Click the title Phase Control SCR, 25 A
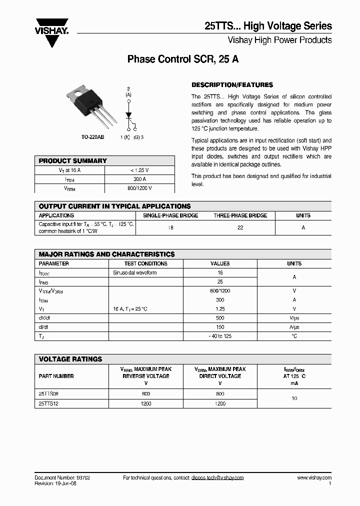183,59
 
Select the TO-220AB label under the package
92,137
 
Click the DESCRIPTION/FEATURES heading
232,85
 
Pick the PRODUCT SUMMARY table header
73,161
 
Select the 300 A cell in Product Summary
139,179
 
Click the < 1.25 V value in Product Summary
139,170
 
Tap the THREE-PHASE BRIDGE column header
240,215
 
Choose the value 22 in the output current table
240,227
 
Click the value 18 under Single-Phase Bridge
170,227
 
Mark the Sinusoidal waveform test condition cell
135,273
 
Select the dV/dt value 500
220,318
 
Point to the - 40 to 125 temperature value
220,336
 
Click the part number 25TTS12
48,403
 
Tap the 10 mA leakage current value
294,398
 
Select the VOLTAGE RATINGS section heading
70,359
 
